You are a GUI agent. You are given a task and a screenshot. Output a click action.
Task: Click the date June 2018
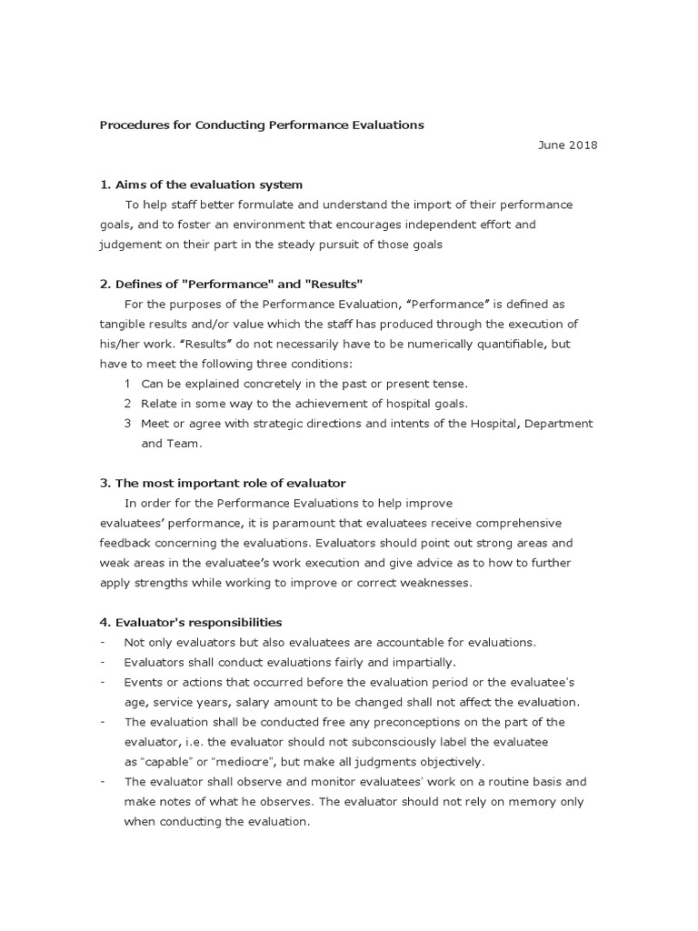pos(568,145)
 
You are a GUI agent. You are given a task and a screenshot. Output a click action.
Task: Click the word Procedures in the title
pos(129,125)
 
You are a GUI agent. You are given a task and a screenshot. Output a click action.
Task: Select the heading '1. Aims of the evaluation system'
pos(201,185)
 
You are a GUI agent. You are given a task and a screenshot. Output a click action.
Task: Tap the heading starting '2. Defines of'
pos(232,284)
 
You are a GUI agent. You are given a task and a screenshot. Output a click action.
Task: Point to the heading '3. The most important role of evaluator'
pos(222,483)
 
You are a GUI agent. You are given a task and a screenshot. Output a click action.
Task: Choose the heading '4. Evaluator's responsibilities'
pos(191,623)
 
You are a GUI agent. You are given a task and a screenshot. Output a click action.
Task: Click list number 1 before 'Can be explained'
pos(128,384)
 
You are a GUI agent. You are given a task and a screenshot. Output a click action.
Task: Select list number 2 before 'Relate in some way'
pos(128,404)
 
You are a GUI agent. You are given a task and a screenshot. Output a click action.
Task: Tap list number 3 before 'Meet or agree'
pos(128,424)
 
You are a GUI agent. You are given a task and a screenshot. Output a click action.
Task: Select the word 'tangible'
pos(124,324)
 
